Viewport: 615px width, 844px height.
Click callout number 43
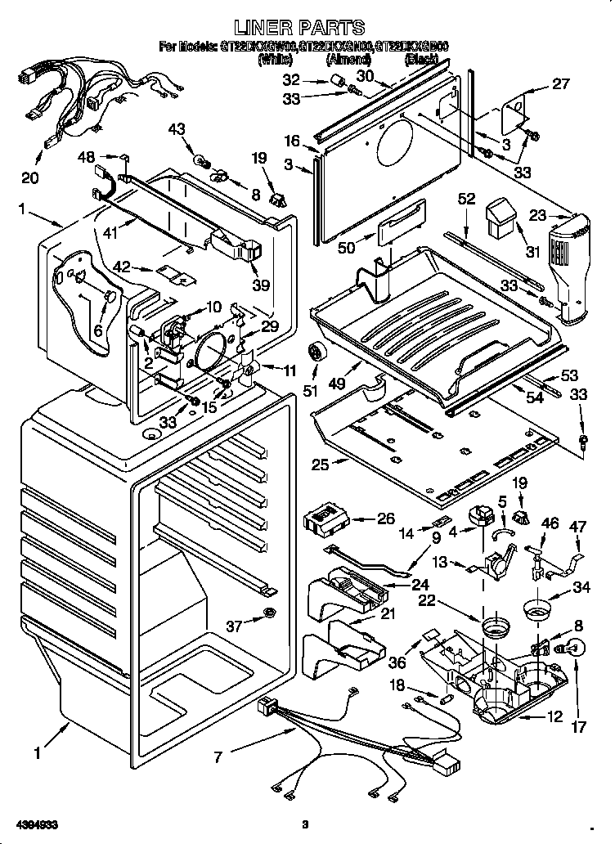tap(177, 129)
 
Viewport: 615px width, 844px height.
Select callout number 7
tap(218, 757)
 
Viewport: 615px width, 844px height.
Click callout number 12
tap(554, 717)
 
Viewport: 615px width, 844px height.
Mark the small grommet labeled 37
tap(270, 615)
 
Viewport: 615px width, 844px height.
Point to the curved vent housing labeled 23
tap(570, 262)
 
